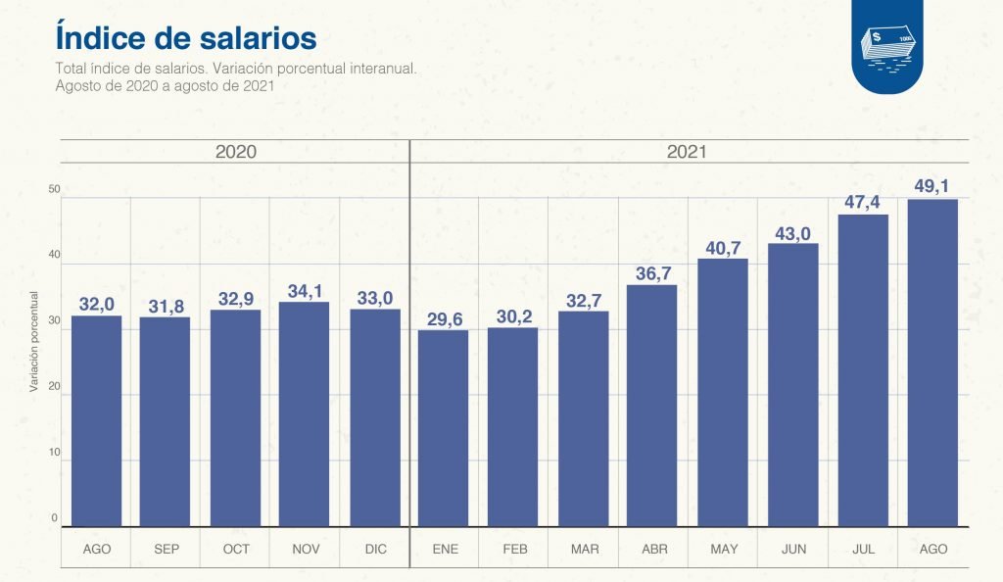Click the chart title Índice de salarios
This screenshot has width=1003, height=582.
186,37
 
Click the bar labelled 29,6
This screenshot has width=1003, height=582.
443,428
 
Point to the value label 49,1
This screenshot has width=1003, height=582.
932,186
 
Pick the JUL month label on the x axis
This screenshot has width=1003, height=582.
863,550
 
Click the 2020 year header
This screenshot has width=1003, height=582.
235,152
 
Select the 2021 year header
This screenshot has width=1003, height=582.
687,152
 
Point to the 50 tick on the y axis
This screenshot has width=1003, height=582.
55,189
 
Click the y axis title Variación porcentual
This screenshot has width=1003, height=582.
33,342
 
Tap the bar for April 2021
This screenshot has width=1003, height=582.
651,406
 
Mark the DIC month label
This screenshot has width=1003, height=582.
374,550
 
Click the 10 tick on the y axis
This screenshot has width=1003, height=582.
55,453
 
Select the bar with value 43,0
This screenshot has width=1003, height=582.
792,384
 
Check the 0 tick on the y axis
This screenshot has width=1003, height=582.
55,518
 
